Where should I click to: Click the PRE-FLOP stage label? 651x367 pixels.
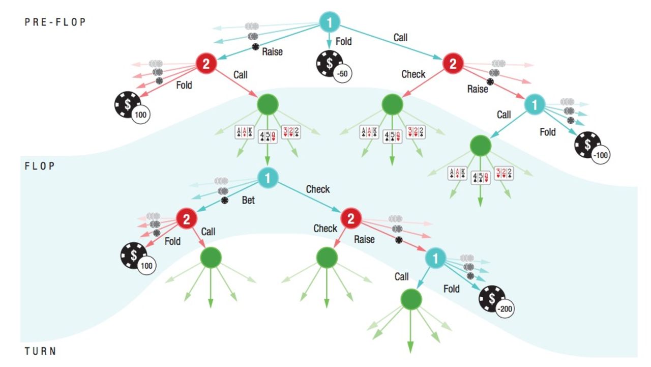click(55, 22)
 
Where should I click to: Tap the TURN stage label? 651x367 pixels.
click(40, 351)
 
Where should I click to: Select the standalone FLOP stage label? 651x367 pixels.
click(40, 166)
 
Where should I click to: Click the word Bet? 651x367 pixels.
click(248, 200)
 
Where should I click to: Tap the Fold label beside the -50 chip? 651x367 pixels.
click(344, 41)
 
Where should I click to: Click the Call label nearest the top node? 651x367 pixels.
click(400, 37)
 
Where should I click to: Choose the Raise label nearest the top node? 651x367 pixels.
click(272, 51)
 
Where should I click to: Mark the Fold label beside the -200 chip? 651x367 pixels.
click(451, 289)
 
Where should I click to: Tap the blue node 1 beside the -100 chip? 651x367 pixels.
click(535, 104)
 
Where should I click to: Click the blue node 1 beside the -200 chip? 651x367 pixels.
click(435, 258)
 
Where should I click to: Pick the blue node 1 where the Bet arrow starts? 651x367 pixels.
click(268, 178)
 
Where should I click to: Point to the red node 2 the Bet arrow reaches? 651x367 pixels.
click(187, 219)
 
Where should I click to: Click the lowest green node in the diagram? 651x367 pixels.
click(411, 299)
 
